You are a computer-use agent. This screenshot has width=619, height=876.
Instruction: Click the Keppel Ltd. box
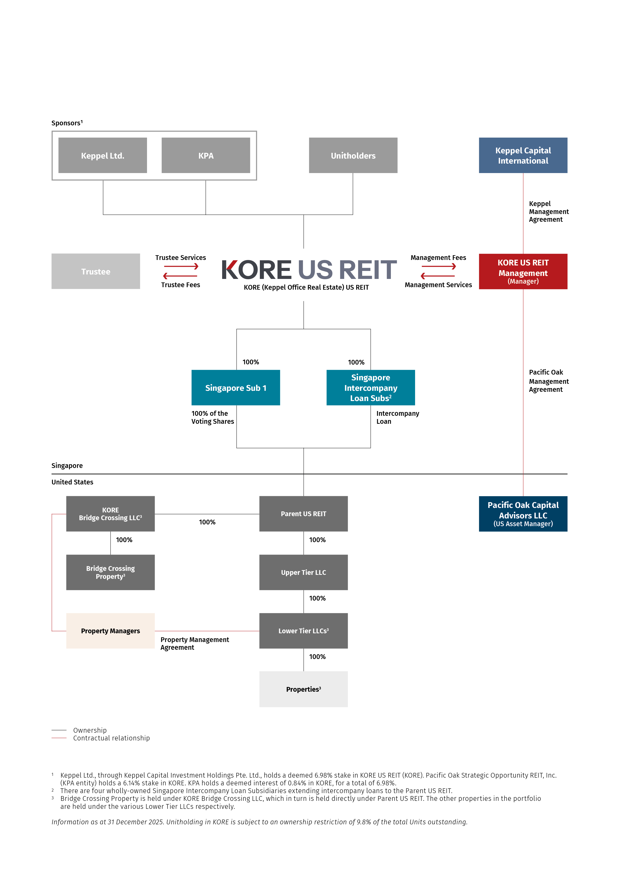tap(103, 155)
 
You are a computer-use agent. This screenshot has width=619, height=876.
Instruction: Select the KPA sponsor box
tap(206, 155)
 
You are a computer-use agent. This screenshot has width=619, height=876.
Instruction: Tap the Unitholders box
tap(353, 155)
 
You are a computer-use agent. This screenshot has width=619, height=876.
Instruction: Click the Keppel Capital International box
tap(523, 155)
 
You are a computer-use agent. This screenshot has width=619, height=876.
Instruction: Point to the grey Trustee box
tap(96, 271)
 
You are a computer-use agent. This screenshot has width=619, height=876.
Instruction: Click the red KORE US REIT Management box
tap(523, 271)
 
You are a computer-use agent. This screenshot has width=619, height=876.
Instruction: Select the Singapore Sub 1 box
tap(236, 387)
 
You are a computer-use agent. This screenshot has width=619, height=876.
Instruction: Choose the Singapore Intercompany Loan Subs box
tap(370, 387)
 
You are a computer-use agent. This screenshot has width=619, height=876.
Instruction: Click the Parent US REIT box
tap(303, 514)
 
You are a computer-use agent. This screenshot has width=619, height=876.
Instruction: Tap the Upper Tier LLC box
tap(303, 572)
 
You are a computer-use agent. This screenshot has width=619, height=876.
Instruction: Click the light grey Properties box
tap(303, 689)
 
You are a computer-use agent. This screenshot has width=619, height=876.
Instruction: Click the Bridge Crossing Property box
tap(110, 572)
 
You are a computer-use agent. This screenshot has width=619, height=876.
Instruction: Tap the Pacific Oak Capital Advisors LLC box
tap(523, 514)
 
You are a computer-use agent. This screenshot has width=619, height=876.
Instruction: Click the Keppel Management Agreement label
tap(548, 211)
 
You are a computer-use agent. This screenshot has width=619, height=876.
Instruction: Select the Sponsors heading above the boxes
tap(67, 123)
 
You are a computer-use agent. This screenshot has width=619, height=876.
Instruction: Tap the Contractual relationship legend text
tap(111, 738)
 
